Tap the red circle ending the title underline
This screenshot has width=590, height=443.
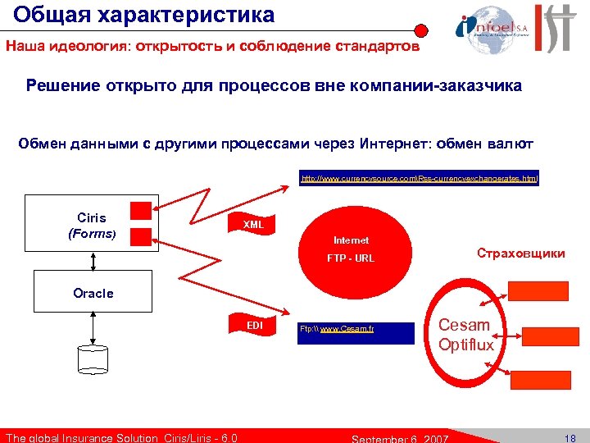[421, 30]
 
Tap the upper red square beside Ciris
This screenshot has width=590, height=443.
[142, 212]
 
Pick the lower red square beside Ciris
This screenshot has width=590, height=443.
[142, 236]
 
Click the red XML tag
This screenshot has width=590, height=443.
[253, 224]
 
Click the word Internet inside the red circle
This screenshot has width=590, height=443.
[351, 240]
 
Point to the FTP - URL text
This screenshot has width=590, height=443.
[351, 258]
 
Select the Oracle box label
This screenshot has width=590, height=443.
[93, 293]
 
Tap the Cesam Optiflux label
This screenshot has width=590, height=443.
[465, 335]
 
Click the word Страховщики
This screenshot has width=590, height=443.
[521, 253]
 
